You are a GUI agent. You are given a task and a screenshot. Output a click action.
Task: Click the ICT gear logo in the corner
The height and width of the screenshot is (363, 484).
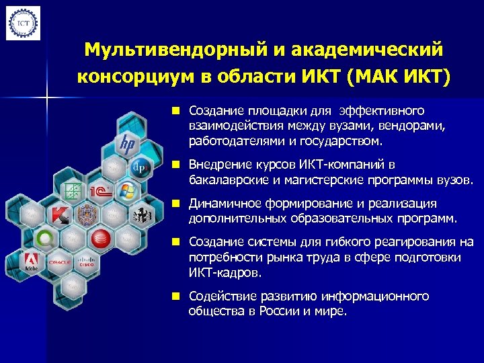[23, 24]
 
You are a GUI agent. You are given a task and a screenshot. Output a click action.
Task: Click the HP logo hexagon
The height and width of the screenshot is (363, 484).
[126, 143]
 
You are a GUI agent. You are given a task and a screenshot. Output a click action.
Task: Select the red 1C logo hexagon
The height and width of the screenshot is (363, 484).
[101, 190]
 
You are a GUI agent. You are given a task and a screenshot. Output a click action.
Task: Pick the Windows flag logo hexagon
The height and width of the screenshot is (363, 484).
[126, 190]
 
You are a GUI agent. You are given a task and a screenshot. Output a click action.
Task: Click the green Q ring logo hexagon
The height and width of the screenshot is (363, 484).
[46, 238]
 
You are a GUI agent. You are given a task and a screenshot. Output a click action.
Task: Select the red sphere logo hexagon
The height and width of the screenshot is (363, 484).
[101, 238]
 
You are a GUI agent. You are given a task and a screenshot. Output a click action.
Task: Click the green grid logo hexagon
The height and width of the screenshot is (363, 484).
[73, 191]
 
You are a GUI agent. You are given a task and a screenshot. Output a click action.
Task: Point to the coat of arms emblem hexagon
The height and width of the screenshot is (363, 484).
[88, 214]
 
